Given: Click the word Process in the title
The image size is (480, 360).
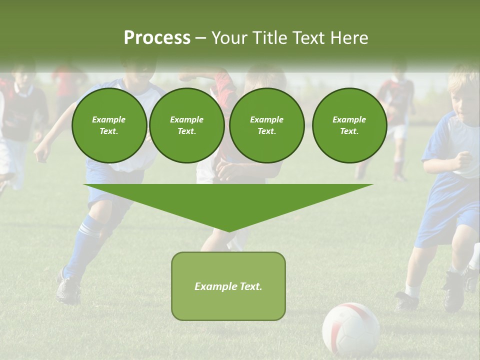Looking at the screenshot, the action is pyautogui.click(x=157, y=38).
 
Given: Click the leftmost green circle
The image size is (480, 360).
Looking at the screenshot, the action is pyautogui.click(x=109, y=125).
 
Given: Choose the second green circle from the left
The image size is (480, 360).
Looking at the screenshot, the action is pyautogui.click(x=186, y=125).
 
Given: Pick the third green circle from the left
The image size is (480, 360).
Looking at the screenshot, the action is pyautogui.click(x=266, y=125).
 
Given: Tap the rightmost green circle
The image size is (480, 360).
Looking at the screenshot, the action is pyautogui.click(x=349, y=125).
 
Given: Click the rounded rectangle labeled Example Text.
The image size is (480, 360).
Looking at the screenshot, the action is pyautogui.click(x=228, y=286).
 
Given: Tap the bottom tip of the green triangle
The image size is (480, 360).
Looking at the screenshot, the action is pyautogui.click(x=228, y=230).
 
